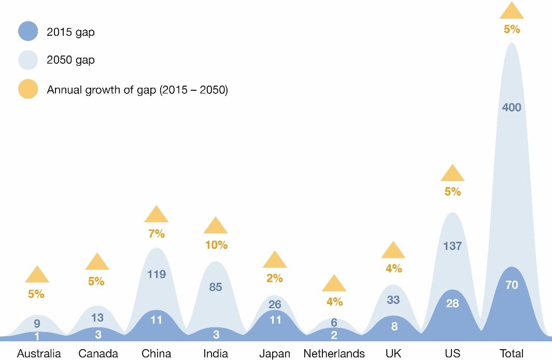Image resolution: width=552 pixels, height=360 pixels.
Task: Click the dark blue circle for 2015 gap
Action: (x=28, y=31)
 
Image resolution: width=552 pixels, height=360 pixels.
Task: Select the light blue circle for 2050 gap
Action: (x=28, y=60)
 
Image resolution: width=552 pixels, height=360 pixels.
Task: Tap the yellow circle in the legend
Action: (x=28, y=90)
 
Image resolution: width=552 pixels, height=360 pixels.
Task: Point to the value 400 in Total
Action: (x=512, y=107)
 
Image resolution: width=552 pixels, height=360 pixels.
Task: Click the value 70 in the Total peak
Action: (x=512, y=285)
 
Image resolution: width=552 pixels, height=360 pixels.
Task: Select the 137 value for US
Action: (x=452, y=246)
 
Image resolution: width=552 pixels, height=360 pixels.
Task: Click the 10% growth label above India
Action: (x=216, y=245)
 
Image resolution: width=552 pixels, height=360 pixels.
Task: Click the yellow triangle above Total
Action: (x=512, y=11)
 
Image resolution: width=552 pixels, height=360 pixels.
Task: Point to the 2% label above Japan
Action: (x=275, y=278)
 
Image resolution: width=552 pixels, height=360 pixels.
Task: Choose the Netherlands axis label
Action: (x=334, y=354)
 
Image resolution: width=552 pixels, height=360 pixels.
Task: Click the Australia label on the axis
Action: (x=39, y=354)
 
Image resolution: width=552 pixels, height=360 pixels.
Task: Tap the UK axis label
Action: (x=393, y=354)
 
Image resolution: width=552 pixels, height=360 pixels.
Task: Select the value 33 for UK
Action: (x=393, y=300)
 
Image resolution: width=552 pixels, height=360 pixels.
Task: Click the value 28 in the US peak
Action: (x=452, y=303)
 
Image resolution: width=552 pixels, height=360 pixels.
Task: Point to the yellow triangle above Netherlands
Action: (x=334, y=284)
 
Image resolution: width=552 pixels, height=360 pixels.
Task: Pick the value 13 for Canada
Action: (x=97, y=317)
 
